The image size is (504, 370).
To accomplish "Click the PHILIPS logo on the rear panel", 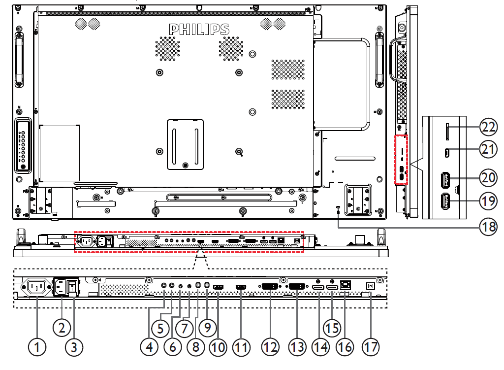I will tap(199, 29).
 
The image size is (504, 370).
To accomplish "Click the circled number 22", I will tap(488, 128).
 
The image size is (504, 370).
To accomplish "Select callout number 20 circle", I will tap(488, 177).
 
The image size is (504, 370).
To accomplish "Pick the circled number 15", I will tap(333, 328).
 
